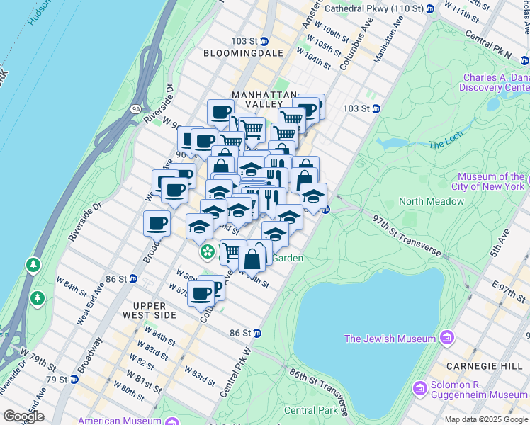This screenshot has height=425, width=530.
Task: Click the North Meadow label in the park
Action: (x=431, y=201)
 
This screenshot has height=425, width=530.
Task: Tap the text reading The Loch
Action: (x=444, y=144)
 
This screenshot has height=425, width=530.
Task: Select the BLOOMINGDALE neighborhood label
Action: (x=243, y=53)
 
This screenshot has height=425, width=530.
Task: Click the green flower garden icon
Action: (x=207, y=251)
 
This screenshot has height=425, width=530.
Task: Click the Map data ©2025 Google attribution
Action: (x=485, y=419)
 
